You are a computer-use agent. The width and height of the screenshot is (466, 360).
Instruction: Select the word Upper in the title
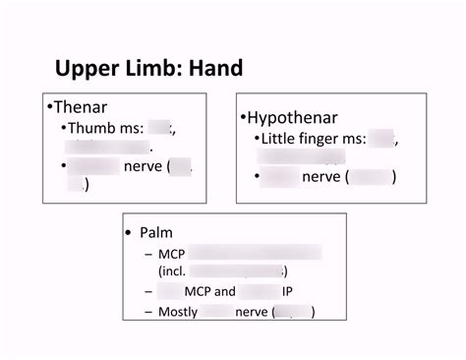point(88,69)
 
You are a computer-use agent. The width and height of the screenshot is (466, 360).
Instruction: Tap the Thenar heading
point(81,107)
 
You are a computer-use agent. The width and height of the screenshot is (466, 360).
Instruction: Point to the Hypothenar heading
point(292,117)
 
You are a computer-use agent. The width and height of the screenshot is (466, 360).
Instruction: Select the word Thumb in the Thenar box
point(89,128)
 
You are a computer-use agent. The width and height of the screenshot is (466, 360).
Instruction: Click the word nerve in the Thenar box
point(144,166)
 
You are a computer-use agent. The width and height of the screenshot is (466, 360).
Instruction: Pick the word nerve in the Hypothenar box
point(320,177)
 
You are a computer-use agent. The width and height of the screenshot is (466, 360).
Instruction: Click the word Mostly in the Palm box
point(178,312)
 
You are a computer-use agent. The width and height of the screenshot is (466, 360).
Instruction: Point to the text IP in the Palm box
point(287,291)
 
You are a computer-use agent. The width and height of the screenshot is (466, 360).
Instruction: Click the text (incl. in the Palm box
point(171,270)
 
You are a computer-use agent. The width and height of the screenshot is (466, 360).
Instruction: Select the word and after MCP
point(224,291)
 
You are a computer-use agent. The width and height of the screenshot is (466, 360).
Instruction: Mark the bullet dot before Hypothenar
point(243,118)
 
